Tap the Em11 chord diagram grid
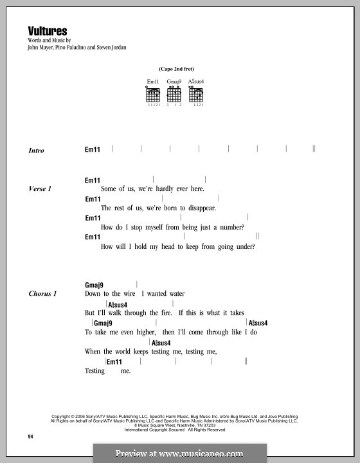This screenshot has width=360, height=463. pyautogui.click(x=152, y=95)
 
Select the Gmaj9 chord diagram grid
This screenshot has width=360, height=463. pyautogui.click(x=174, y=95)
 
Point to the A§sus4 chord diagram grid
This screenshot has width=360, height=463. pyautogui.click(x=195, y=95)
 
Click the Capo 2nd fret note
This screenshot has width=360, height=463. pyautogui.click(x=174, y=69)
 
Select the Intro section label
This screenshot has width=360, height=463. pyautogui.click(x=37, y=150)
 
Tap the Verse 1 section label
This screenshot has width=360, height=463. pyautogui.click(x=40, y=189)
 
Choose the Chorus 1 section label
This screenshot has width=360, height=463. pyautogui.click(x=42, y=294)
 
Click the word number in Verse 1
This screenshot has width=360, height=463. pyautogui.click(x=230, y=227)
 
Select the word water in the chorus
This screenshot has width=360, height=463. pyautogui.click(x=173, y=294)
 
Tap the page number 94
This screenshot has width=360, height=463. pyautogui.click(x=30, y=437)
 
